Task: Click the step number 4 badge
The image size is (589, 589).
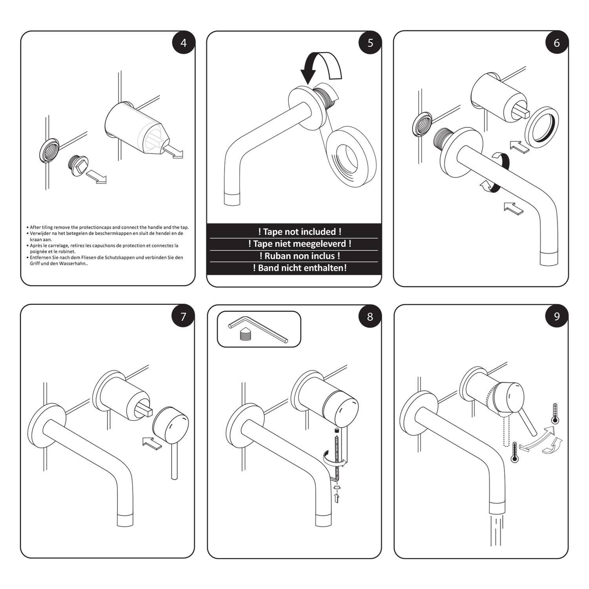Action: tap(184, 42)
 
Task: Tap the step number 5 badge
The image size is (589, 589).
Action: tap(370, 42)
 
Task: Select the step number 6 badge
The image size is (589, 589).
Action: tap(556, 42)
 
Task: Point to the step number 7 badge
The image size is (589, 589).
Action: tap(183, 316)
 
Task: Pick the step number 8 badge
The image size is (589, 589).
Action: tap(370, 316)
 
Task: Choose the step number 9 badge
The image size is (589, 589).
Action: tap(556, 316)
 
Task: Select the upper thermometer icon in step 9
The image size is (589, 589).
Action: tap(554, 413)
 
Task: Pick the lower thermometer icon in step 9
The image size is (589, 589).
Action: tap(514, 453)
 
